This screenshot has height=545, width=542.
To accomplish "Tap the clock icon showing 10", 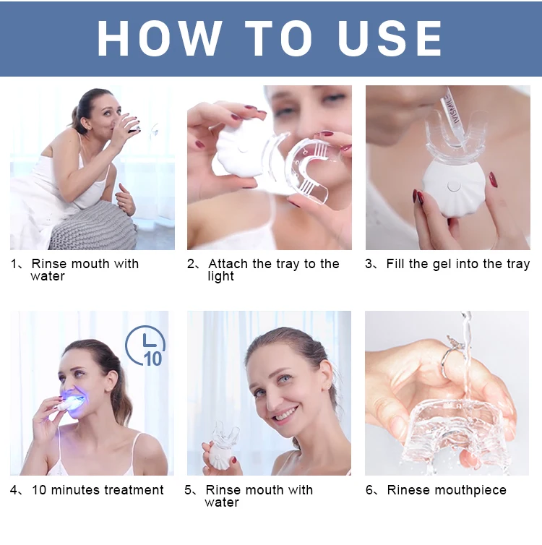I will [148, 346].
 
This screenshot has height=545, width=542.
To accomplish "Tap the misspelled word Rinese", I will [410, 490].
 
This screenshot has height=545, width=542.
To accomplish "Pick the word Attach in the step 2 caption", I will [229, 264].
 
